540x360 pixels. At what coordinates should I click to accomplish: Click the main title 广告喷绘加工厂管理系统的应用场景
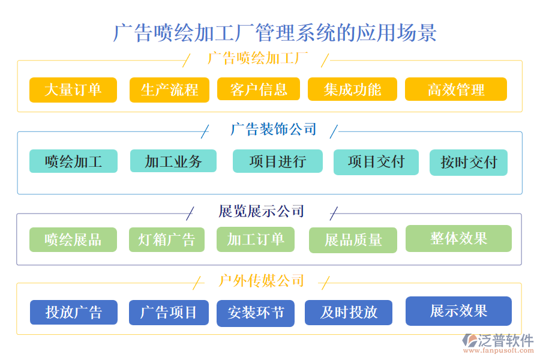(275, 32)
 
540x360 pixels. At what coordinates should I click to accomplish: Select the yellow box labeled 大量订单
(73, 90)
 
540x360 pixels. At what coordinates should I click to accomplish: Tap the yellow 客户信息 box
(257, 89)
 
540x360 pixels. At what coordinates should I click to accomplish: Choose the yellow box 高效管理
(456, 90)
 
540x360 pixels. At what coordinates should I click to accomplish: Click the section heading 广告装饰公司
(274, 130)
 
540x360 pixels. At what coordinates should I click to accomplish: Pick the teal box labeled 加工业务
(173, 161)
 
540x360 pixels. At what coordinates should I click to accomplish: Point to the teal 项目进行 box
(277, 161)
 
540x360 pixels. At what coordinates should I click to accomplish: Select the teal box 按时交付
(469, 162)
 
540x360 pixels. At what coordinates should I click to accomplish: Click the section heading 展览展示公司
(262, 211)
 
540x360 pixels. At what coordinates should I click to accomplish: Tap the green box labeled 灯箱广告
(167, 239)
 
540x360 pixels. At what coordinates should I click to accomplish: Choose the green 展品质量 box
(353, 240)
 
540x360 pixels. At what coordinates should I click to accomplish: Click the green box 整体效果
(458, 238)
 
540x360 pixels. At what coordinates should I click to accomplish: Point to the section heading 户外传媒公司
(262, 281)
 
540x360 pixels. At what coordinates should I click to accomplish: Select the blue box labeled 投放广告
(74, 312)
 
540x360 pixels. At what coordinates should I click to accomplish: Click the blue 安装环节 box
(256, 313)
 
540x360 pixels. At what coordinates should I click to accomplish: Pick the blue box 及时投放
(349, 312)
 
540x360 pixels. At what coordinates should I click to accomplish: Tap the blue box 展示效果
(458, 311)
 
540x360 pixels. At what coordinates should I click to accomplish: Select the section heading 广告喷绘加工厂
(257, 58)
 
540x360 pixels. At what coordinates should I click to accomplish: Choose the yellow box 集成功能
(352, 89)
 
